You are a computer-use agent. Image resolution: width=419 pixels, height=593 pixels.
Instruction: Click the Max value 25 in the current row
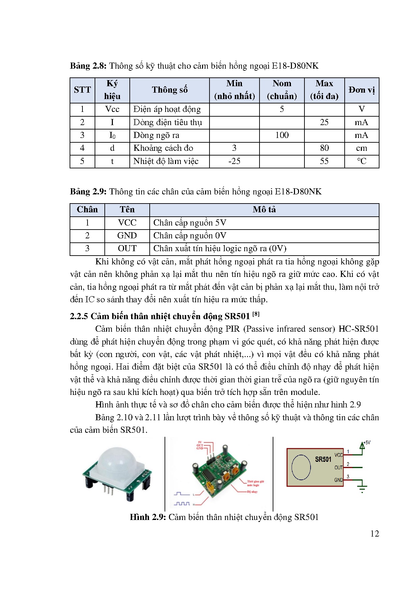(x=324, y=122)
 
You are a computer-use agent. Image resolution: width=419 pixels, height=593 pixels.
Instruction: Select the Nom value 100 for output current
(x=281, y=135)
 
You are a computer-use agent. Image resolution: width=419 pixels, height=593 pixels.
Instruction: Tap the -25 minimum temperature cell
(x=234, y=161)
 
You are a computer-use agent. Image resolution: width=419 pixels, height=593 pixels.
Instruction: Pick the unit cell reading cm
(x=361, y=148)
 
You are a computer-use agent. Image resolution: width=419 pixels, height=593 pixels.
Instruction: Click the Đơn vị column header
(x=362, y=90)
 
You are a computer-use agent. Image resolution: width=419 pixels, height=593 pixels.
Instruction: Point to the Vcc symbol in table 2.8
(x=112, y=109)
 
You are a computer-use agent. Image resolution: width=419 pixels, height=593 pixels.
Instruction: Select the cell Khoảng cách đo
(x=163, y=148)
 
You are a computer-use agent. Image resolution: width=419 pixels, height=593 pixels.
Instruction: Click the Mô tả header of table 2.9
(x=264, y=210)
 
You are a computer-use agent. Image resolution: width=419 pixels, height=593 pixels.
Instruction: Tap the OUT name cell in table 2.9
(x=127, y=248)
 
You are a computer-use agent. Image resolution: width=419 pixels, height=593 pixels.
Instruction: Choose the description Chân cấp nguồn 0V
(x=190, y=236)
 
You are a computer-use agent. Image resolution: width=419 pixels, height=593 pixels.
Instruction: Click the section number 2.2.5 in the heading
(x=79, y=316)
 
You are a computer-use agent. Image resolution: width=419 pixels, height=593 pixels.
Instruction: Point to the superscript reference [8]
(x=256, y=314)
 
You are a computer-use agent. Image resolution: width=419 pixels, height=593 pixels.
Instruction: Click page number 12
(x=374, y=534)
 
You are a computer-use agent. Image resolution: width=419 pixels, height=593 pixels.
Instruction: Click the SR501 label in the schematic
(x=323, y=459)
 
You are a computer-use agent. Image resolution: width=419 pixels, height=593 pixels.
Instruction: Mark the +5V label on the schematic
(x=367, y=443)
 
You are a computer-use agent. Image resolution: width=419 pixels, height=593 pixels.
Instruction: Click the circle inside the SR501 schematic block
(x=301, y=467)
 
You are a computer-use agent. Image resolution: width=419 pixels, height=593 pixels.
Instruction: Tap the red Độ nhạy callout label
(x=252, y=492)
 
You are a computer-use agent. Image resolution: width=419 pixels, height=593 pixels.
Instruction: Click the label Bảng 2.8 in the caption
(x=88, y=66)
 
